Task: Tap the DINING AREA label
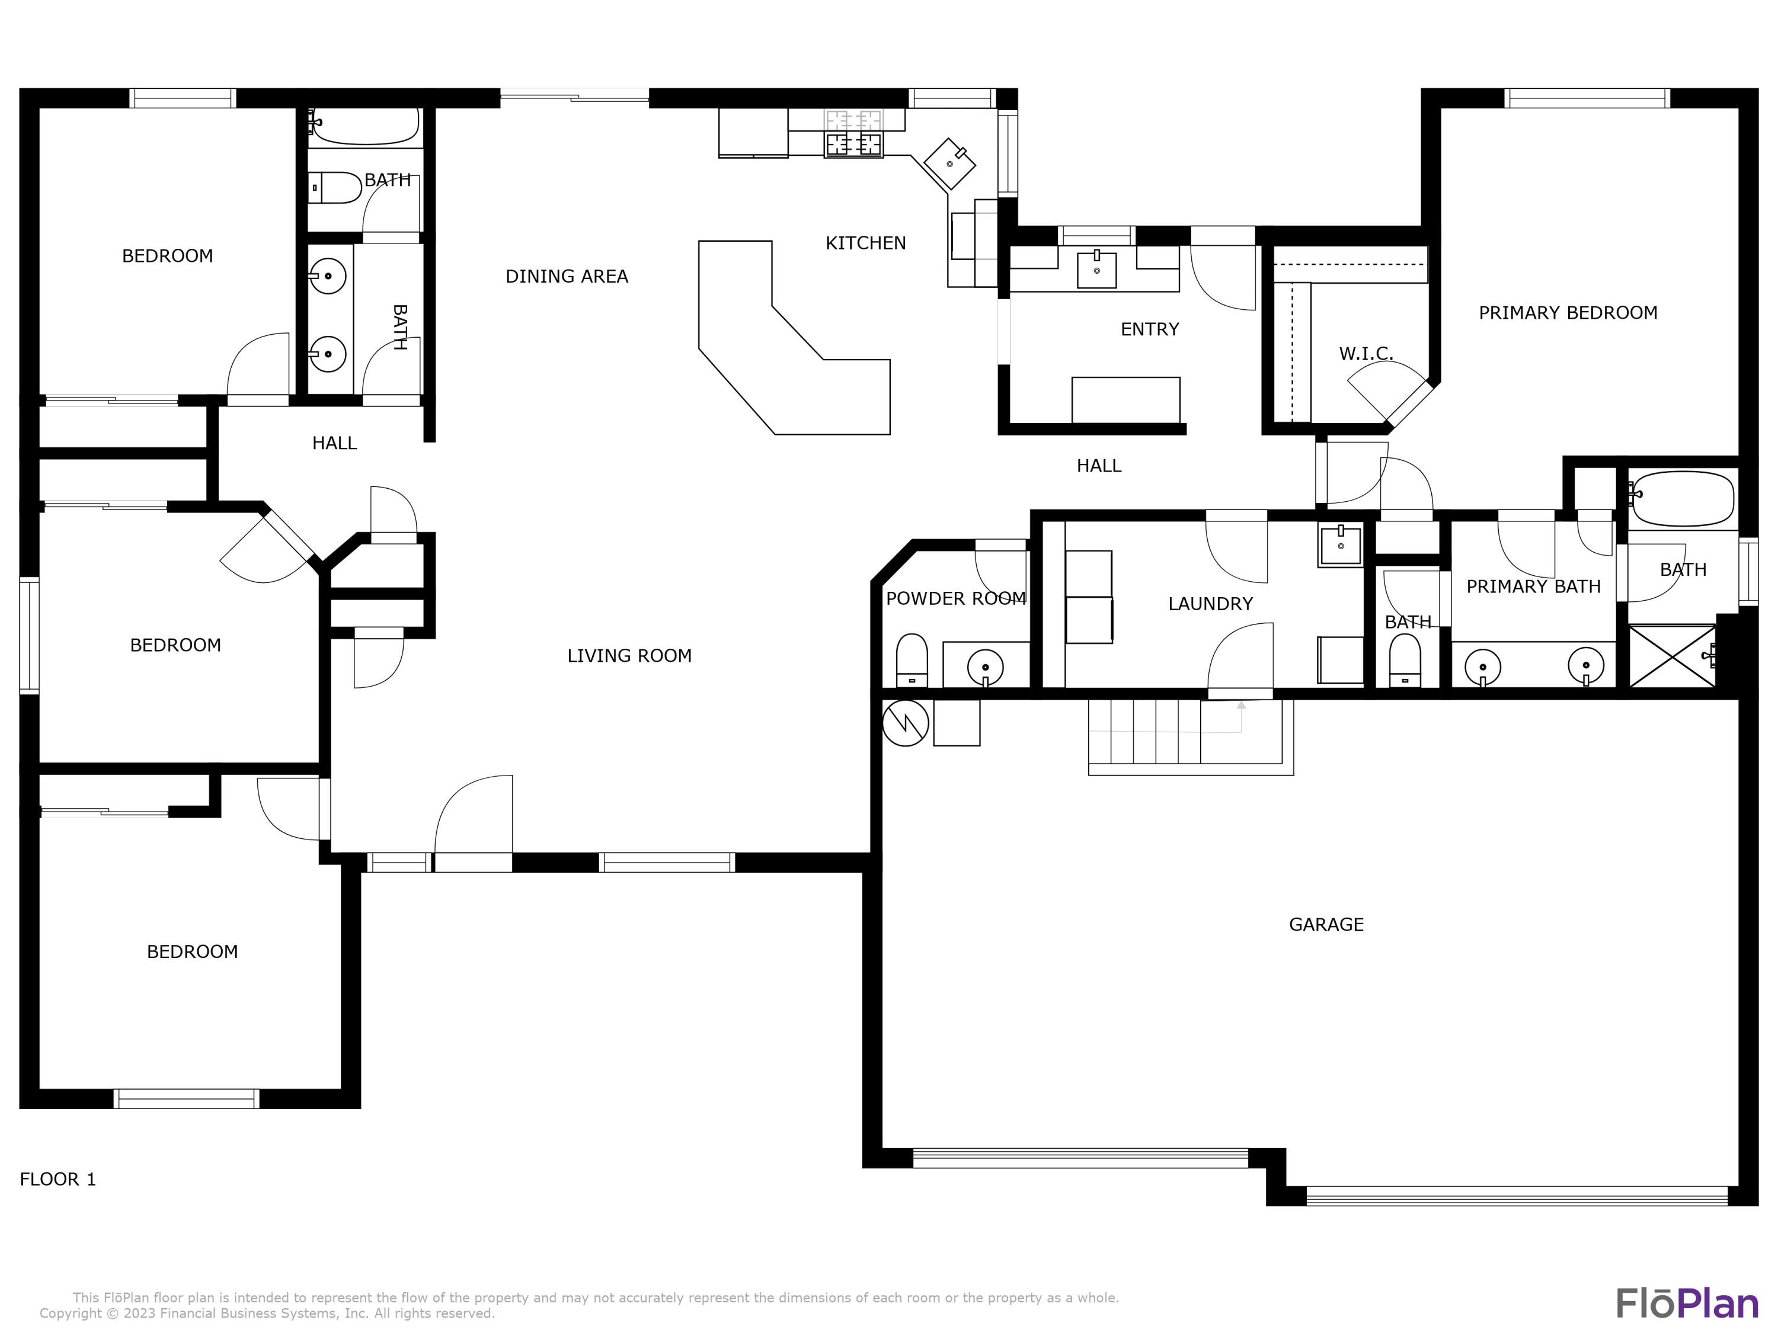(566, 277)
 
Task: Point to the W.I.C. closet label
(1365, 354)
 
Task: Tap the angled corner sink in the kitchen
(949, 163)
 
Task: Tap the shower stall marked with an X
(1671, 656)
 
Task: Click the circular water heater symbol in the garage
(905, 722)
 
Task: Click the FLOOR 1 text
(58, 1179)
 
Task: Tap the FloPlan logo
(1686, 1303)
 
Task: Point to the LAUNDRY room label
(1210, 604)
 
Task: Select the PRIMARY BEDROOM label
(1568, 313)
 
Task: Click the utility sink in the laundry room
(1340, 546)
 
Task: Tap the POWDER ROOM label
(955, 598)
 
